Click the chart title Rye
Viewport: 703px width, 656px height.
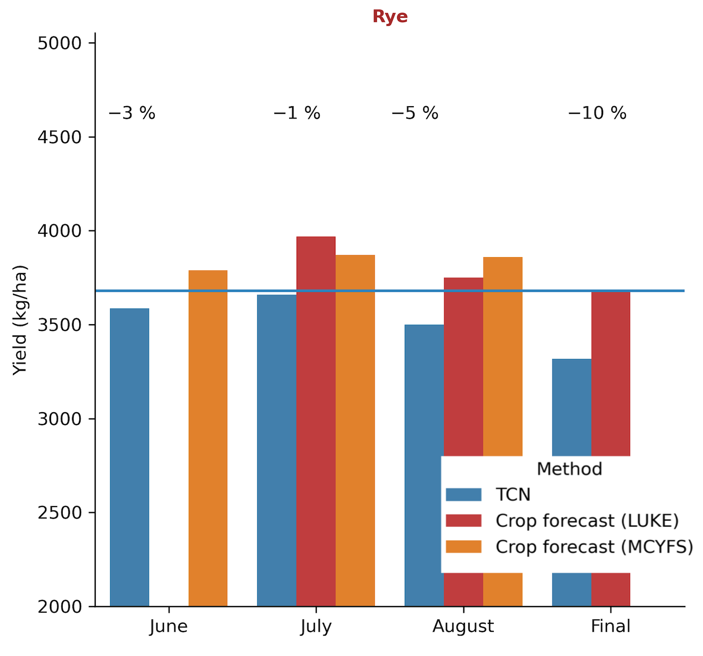pyautogui.click(x=390, y=17)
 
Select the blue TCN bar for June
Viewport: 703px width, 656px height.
pyautogui.click(x=130, y=457)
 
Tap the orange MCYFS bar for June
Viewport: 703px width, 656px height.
pyautogui.click(x=208, y=438)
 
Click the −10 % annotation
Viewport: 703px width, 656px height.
pyautogui.click(x=597, y=113)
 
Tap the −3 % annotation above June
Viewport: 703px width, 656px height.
pyautogui.click(x=132, y=113)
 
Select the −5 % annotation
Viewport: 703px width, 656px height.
pyautogui.click(x=415, y=113)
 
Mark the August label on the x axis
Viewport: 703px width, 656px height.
pyautogui.click(x=463, y=626)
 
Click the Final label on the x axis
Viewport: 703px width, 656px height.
pyautogui.click(x=611, y=626)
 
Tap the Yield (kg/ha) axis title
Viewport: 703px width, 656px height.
pyautogui.click(x=20, y=320)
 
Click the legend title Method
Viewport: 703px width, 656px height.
pyautogui.click(x=569, y=469)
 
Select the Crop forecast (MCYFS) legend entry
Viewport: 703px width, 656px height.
pyautogui.click(x=594, y=547)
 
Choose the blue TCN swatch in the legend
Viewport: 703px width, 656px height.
pyautogui.click(x=463, y=495)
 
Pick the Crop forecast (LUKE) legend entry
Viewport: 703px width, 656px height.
pyautogui.click(x=587, y=521)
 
